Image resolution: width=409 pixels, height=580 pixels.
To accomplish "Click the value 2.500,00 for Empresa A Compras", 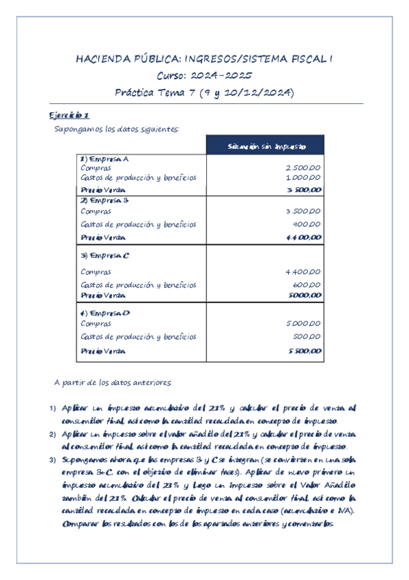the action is (x=304, y=168).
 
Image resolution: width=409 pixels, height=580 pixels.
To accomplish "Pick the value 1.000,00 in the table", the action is (x=304, y=178).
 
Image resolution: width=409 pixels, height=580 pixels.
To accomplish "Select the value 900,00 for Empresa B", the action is (x=308, y=224).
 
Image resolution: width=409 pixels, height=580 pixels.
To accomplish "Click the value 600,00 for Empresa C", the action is (x=308, y=285).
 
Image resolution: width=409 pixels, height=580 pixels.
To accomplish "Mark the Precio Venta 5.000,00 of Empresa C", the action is (x=304, y=295).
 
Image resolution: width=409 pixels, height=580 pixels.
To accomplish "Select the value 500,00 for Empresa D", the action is (x=308, y=337).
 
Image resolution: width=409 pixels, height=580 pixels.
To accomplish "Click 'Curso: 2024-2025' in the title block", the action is (x=204, y=76).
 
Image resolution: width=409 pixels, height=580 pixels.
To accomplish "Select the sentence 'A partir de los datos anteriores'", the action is (x=112, y=382).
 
